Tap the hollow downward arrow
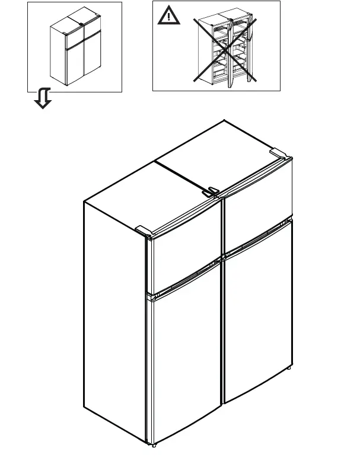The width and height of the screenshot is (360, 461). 43,98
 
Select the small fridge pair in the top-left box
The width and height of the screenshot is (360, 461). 75,52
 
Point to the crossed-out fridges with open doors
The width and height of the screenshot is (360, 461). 225,50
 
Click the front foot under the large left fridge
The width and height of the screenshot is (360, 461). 154,444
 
